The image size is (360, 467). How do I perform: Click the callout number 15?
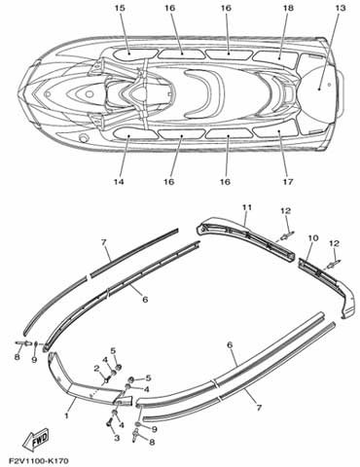pyautogui.click(x=120, y=8)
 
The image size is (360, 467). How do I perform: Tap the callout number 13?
pyautogui.click(x=341, y=8)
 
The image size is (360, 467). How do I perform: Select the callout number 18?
pyautogui.click(x=288, y=8)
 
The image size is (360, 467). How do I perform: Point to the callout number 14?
pyautogui.click(x=119, y=182)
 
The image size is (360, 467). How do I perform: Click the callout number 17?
pyautogui.click(x=287, y=182)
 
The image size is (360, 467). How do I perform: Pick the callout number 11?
pyautogui.click(x=247, y=207)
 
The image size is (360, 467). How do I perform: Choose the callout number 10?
pyautogui.click(x=313, y=238)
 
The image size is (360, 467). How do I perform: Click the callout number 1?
pyautogui.click(x=67, y=415)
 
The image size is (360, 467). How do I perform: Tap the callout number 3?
pyautogui.click(x=117, y=438)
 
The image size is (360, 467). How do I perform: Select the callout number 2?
pyautogui.click(x=96, y=368)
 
